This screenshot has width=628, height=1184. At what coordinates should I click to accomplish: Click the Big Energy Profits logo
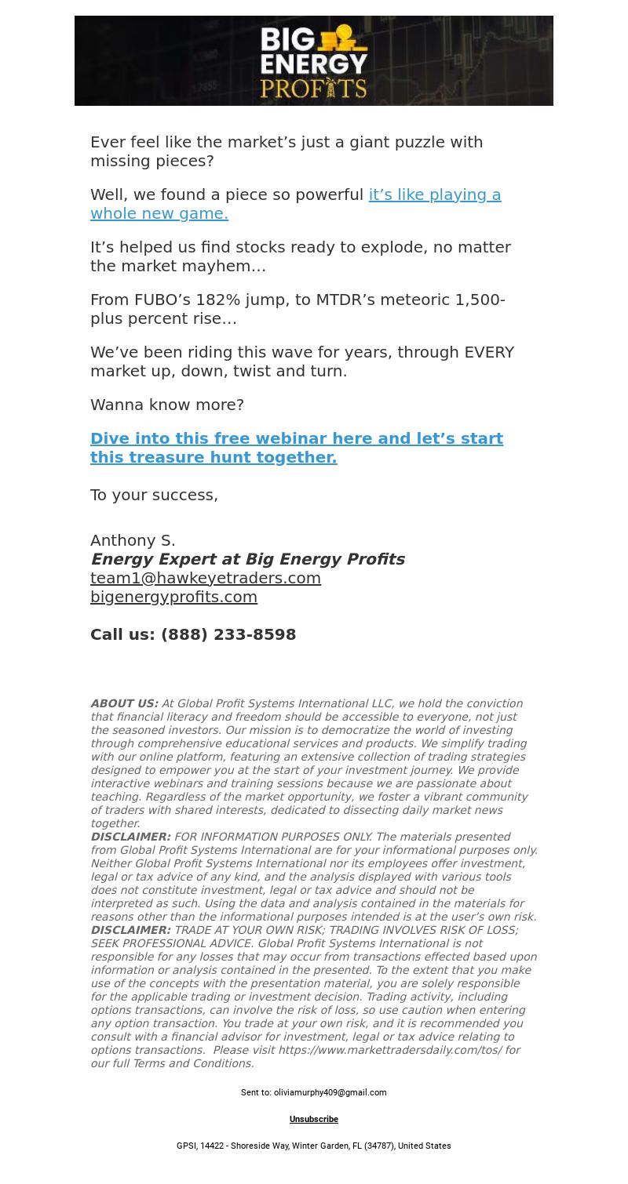[314, 61]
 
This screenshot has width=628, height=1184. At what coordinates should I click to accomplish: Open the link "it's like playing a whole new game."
[434, 195]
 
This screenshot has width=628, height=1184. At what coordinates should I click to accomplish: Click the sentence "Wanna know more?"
[167, 405]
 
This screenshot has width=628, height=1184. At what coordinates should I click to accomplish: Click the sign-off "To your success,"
[154, 496]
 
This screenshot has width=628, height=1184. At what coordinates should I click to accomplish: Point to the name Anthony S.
[133, 541]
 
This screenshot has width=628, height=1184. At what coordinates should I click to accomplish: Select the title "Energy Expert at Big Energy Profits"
[247, 560]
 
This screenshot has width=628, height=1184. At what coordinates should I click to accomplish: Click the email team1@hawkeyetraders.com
[206, 579]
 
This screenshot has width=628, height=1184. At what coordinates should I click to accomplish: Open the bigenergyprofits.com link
[173, 597]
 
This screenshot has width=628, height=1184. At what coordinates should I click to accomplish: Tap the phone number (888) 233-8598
[228, 635]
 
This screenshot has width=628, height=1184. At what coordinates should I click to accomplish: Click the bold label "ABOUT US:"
[124, 704]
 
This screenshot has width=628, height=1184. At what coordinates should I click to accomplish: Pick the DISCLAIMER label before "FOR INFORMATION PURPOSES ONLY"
[130, 837]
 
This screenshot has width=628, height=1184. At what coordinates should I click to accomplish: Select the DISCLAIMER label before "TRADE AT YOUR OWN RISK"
[130, 931]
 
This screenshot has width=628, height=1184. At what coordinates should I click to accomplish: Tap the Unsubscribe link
[314, 1120]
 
